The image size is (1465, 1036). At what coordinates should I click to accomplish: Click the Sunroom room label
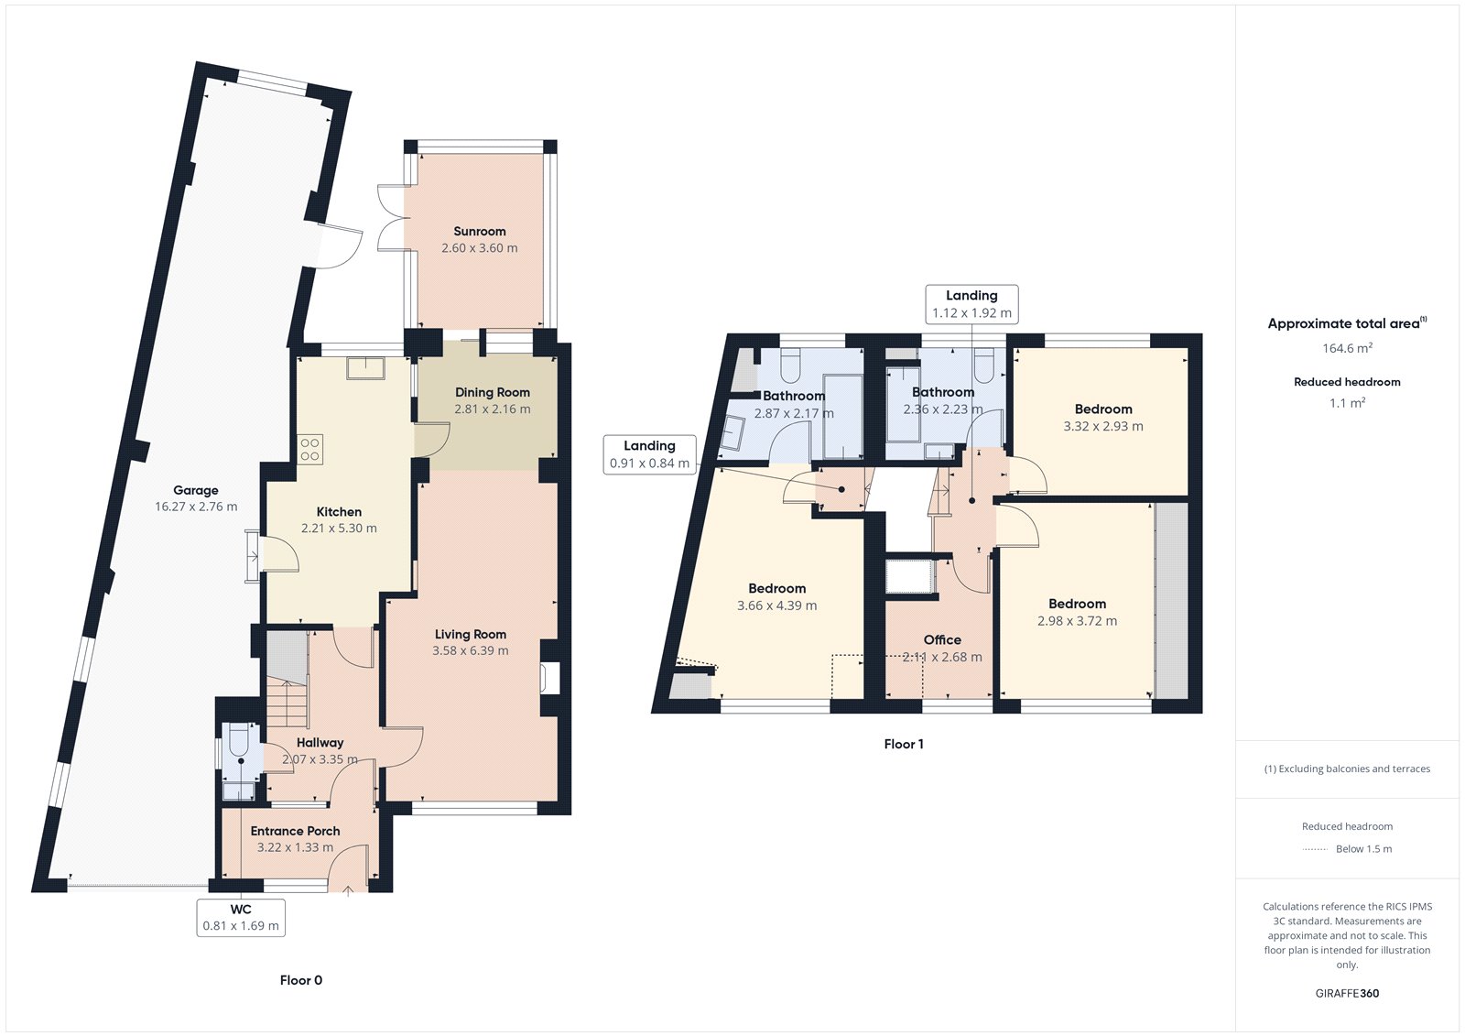(x=479, y=232)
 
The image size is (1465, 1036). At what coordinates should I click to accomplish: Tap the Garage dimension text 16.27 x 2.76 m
(x=195, y=507)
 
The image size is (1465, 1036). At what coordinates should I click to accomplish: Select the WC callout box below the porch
(x=241, y=917)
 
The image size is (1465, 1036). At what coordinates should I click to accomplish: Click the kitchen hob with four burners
(x=309, y=449)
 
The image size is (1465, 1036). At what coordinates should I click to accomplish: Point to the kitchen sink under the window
(x=365, y=367)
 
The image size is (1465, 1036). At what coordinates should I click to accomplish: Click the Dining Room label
(x=492, y=392)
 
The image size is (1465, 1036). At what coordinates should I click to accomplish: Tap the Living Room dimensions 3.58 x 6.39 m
(x=470, y=650)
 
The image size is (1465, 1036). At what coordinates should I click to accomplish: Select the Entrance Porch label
(x=295, y=831)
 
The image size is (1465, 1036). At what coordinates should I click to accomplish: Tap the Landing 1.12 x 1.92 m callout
(x=971, y=304)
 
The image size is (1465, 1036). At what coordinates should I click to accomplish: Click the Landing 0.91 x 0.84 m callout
(x=649, y=454)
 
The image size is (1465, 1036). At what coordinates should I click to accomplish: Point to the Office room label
(x=942, y=639)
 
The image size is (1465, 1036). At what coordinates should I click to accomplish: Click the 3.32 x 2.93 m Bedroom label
(x=1102, y=409)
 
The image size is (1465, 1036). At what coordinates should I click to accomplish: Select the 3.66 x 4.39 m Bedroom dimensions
(x=776, y=605)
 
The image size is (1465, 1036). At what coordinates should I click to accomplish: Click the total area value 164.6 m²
(x=1347, y=348)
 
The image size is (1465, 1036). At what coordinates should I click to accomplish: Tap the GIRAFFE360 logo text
(x=1347, y=993)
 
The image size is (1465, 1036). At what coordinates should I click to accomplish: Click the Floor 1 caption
(x=903, y=744)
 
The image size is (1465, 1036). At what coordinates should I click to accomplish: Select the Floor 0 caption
(x=300, y=980)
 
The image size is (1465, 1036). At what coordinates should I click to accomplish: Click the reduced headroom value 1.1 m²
(x=1347, y=403)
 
